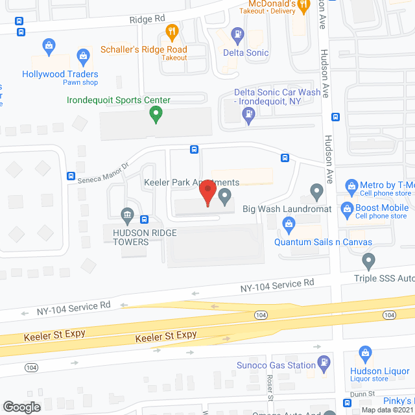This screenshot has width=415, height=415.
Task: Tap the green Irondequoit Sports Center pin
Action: pos(156,115)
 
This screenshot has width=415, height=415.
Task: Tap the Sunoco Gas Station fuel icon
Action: pos(322,364)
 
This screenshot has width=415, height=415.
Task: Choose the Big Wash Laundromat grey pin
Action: pos(316,191)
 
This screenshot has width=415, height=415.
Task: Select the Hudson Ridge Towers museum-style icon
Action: pos(127,215)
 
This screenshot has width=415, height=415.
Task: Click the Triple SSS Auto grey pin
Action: pos(368,261)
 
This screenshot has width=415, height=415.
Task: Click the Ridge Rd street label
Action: pos(147,19)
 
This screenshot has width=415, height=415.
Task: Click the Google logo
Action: pos(21,407)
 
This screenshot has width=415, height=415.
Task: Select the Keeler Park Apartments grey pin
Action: pos(225,195)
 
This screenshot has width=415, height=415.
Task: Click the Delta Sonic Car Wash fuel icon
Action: pos(248,115)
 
